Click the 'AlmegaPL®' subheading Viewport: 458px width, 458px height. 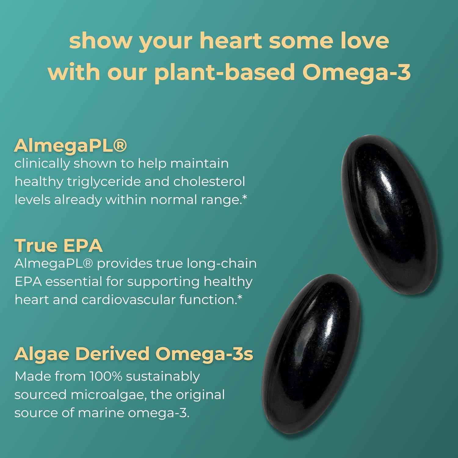pyautogui.click(x=70, y=145)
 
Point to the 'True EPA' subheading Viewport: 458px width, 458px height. pyautogui.click(x=58, y=245)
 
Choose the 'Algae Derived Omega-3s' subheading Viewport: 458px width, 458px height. pyautogui.click(x=134, y=354)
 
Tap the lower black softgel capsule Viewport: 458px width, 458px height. pyautogui.click(x=311, y=354)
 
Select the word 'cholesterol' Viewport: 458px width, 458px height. pyautogui.click(x=209, y=182)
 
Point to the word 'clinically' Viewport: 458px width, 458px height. pyautogui.click(x=42, y=164)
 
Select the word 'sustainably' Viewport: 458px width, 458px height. pyautogui.click(x=163, y=377)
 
